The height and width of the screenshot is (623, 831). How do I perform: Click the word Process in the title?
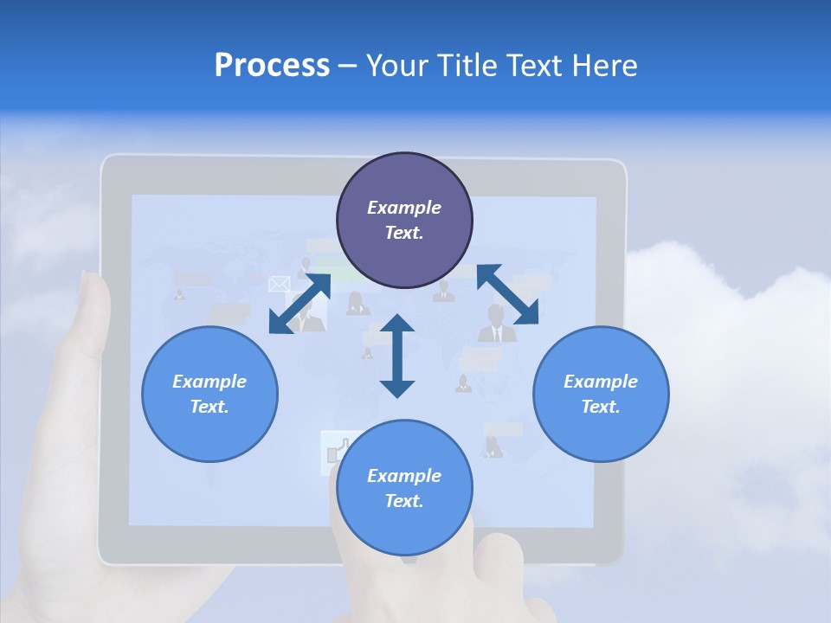pyautogui.click(x=272, y=66)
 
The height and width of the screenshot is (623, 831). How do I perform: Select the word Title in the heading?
pyautogui.click(x=467, y=66)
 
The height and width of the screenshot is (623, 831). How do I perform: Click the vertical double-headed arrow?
pyautogui.click(x=397, y=356)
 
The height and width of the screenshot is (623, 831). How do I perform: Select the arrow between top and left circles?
pyautogui.click(x=300, y=304)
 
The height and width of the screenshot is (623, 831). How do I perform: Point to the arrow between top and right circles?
pyautogui.click(x=507, y=294)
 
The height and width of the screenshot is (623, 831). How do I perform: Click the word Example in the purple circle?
pyautogui.click(x=404, y=208)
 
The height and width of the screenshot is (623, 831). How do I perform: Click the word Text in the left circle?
pyautogui.click(x=209, y=407)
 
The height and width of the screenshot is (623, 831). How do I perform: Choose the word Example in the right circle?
pyautogui.click(x=601, y=382)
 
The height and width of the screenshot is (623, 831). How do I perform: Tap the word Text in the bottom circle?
pyautogui.click(x=404, y=501)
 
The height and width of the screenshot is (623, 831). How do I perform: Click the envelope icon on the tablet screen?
pyautogui.click(x=279, y=284)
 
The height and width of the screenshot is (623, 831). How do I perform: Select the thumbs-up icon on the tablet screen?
pyautogui.click(x=334, y=452)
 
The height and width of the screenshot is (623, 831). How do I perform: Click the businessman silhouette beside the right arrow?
pyautogui.click(x=497, y=324)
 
